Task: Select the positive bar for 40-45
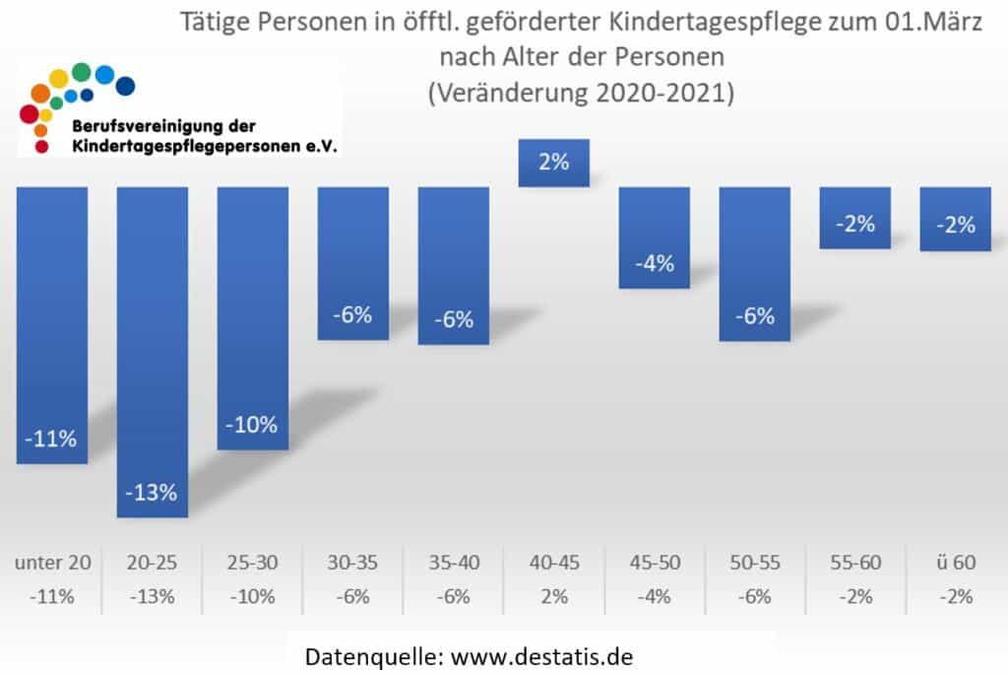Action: (554, 163)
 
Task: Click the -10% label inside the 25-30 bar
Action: (253, 426)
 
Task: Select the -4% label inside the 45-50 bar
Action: (654, 263)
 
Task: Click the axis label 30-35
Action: (352, 563)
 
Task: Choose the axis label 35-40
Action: (453, 563)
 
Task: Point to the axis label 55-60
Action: (854, 563)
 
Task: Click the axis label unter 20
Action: (53, 563)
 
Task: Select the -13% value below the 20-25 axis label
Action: (153, 595)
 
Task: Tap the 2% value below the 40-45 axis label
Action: (554, 595)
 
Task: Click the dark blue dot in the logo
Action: (125, 87)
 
